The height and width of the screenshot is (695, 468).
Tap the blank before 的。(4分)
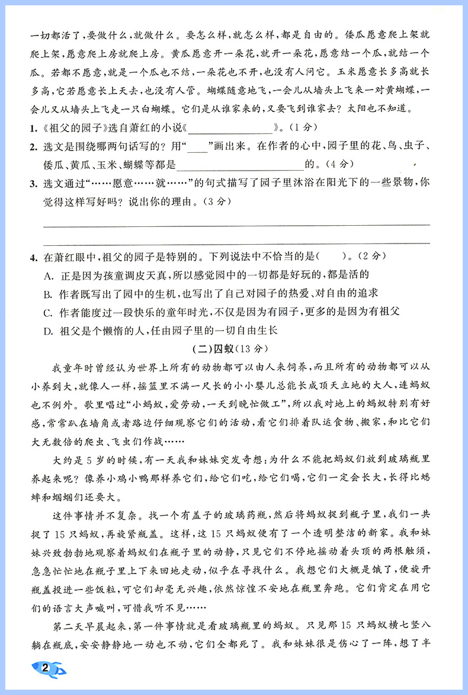239,166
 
